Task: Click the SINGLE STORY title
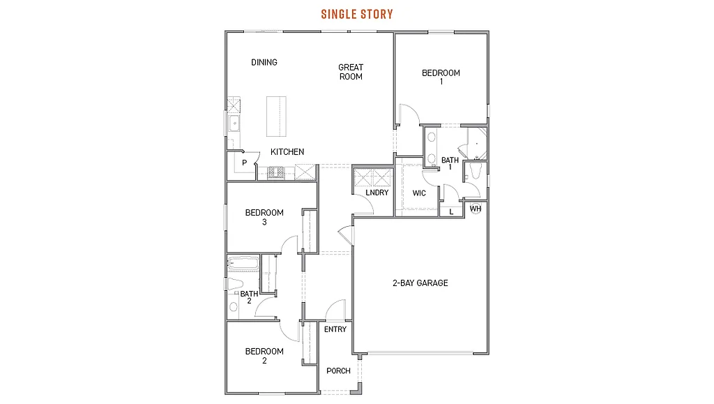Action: (357, 14)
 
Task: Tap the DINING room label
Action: (264, 62)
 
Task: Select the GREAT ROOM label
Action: (351, 72)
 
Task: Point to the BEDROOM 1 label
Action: (441, 77)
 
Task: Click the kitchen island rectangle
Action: (276, 117)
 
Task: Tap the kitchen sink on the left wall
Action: (234, 124)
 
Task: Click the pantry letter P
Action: (244, 163)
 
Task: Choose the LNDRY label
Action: (377, 193)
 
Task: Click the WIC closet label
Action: (419, 193)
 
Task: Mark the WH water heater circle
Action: (476, 209)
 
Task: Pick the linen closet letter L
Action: (452, 211)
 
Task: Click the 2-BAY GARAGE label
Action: (420, 283)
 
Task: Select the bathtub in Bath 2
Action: (243, 264)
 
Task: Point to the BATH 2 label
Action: (249, 298)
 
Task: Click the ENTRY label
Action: (335, 329)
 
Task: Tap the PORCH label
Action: (338, 371)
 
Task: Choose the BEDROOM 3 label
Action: (264, 217)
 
